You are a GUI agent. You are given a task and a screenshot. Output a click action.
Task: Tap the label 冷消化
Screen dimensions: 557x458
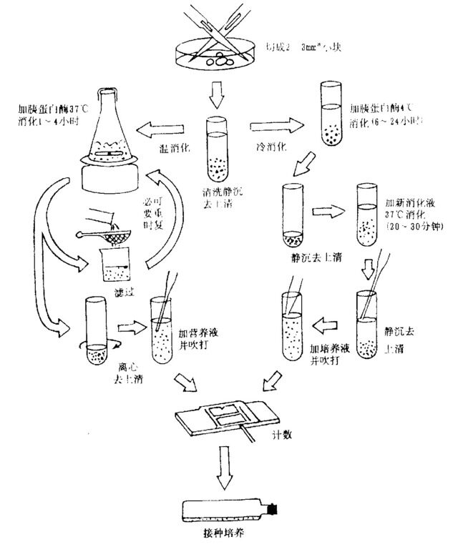pyautogui.click(x=271, y=147)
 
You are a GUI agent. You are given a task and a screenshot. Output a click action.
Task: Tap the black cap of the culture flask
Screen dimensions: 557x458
pyautogui.click(x=273, y=509)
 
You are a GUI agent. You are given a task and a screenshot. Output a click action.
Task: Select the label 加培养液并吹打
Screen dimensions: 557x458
pyautogui.click(x=326, y=355)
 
